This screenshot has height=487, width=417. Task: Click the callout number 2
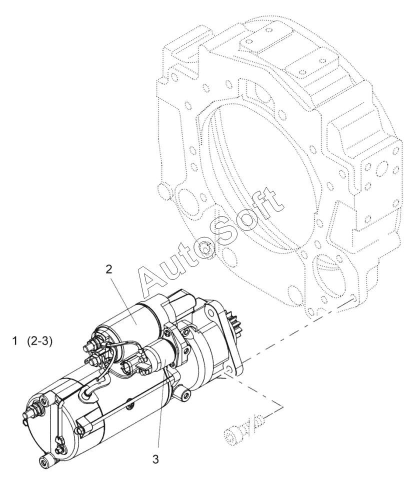108,269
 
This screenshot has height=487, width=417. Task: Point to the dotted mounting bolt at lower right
243,431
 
